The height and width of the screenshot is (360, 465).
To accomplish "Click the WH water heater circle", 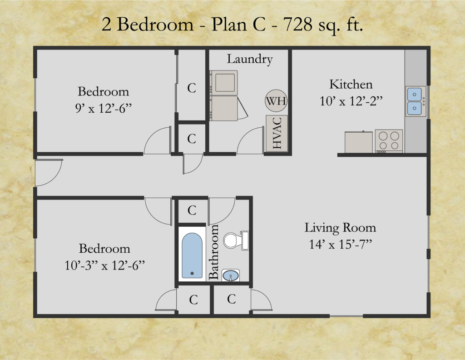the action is (276, 100).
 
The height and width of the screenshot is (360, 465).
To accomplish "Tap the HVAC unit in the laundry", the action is (277, 133).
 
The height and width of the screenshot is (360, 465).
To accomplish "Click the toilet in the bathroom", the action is (236, 240).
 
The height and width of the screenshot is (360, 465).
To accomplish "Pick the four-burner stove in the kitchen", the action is (389, 141).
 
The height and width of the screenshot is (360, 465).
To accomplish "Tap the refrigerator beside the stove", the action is (359, 142).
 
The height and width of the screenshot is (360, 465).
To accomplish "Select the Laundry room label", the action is (250, 59).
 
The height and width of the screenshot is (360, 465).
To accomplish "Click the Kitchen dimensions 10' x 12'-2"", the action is (351, 101).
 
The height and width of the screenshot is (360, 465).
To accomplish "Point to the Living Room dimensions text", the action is (341, 244).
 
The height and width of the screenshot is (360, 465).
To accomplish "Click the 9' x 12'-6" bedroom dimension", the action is (103, 108).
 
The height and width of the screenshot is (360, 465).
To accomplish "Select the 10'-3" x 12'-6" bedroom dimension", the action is (105, 265).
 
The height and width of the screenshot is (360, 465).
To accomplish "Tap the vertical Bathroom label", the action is (213, 252).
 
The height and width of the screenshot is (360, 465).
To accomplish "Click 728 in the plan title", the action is (297, 25).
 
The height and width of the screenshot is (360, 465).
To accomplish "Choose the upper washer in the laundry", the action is (223, 83).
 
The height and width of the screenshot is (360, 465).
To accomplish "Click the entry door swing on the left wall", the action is (49, 173).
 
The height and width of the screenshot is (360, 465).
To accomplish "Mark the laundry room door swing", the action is (250, 140).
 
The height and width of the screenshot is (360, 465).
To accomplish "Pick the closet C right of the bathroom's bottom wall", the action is (231, 299).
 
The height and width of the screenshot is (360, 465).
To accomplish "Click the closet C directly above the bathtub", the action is (192, 210).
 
